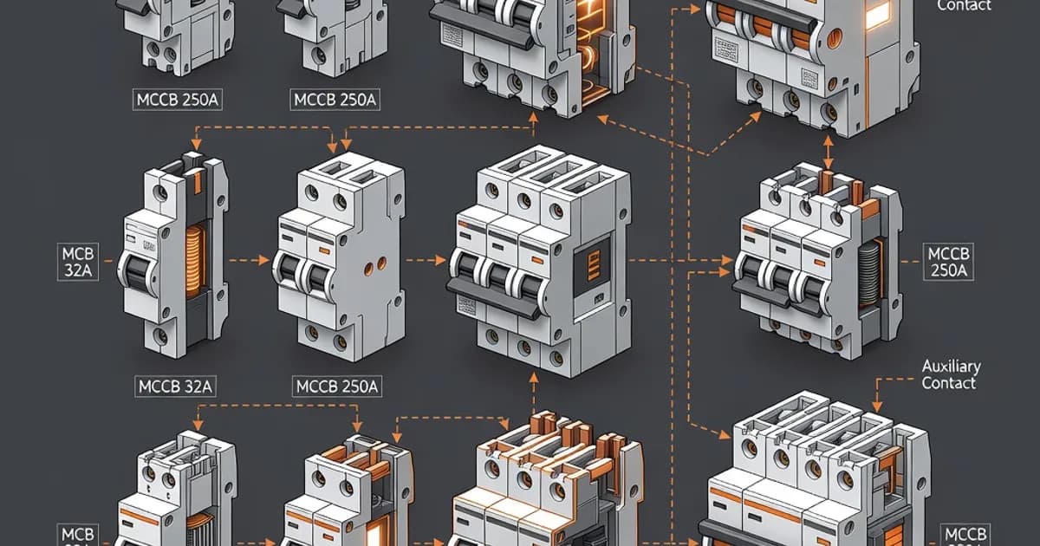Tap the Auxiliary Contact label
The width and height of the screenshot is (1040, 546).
(949, 374)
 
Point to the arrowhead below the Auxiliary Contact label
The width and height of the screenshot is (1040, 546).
(877, 408)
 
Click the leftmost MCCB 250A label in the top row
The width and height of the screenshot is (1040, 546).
(177, 100)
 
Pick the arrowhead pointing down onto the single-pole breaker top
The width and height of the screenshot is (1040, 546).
(197, 146)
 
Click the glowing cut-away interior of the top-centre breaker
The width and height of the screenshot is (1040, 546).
(588, 52)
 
